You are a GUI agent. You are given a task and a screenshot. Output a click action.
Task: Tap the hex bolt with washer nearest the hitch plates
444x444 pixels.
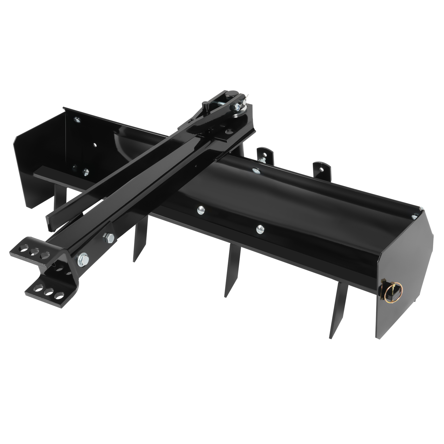83,259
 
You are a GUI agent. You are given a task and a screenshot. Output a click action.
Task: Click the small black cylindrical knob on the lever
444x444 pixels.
205,105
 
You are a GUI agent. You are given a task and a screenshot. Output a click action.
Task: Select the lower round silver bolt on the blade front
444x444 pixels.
260,228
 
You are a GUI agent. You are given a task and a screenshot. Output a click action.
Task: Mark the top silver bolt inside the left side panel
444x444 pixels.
77,120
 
